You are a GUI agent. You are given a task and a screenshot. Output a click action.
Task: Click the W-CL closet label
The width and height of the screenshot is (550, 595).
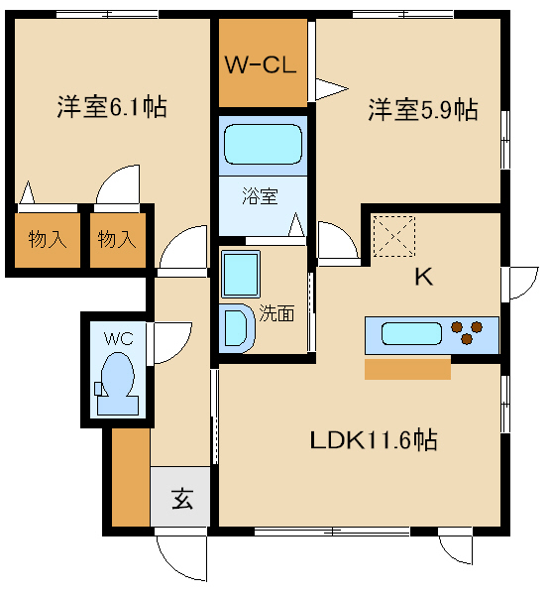coord(262,66)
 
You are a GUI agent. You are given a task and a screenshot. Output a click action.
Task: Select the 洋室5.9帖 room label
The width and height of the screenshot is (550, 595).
coord(423,109)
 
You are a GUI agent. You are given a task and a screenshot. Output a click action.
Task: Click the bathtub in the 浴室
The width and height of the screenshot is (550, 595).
coord(262,145)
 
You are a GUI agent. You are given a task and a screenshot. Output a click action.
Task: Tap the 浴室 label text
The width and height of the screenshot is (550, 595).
coord(260,195)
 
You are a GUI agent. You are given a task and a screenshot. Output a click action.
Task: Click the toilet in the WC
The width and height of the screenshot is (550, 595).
coord(118,382)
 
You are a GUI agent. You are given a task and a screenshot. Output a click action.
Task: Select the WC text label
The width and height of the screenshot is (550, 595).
coord(118,337)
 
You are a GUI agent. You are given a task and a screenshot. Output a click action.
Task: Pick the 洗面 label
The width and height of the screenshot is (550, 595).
coord(276,314)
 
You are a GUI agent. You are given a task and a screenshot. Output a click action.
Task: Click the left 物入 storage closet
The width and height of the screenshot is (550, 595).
coord(47,239)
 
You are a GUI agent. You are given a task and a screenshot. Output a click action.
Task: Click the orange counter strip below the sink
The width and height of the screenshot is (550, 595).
coord(407,369)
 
